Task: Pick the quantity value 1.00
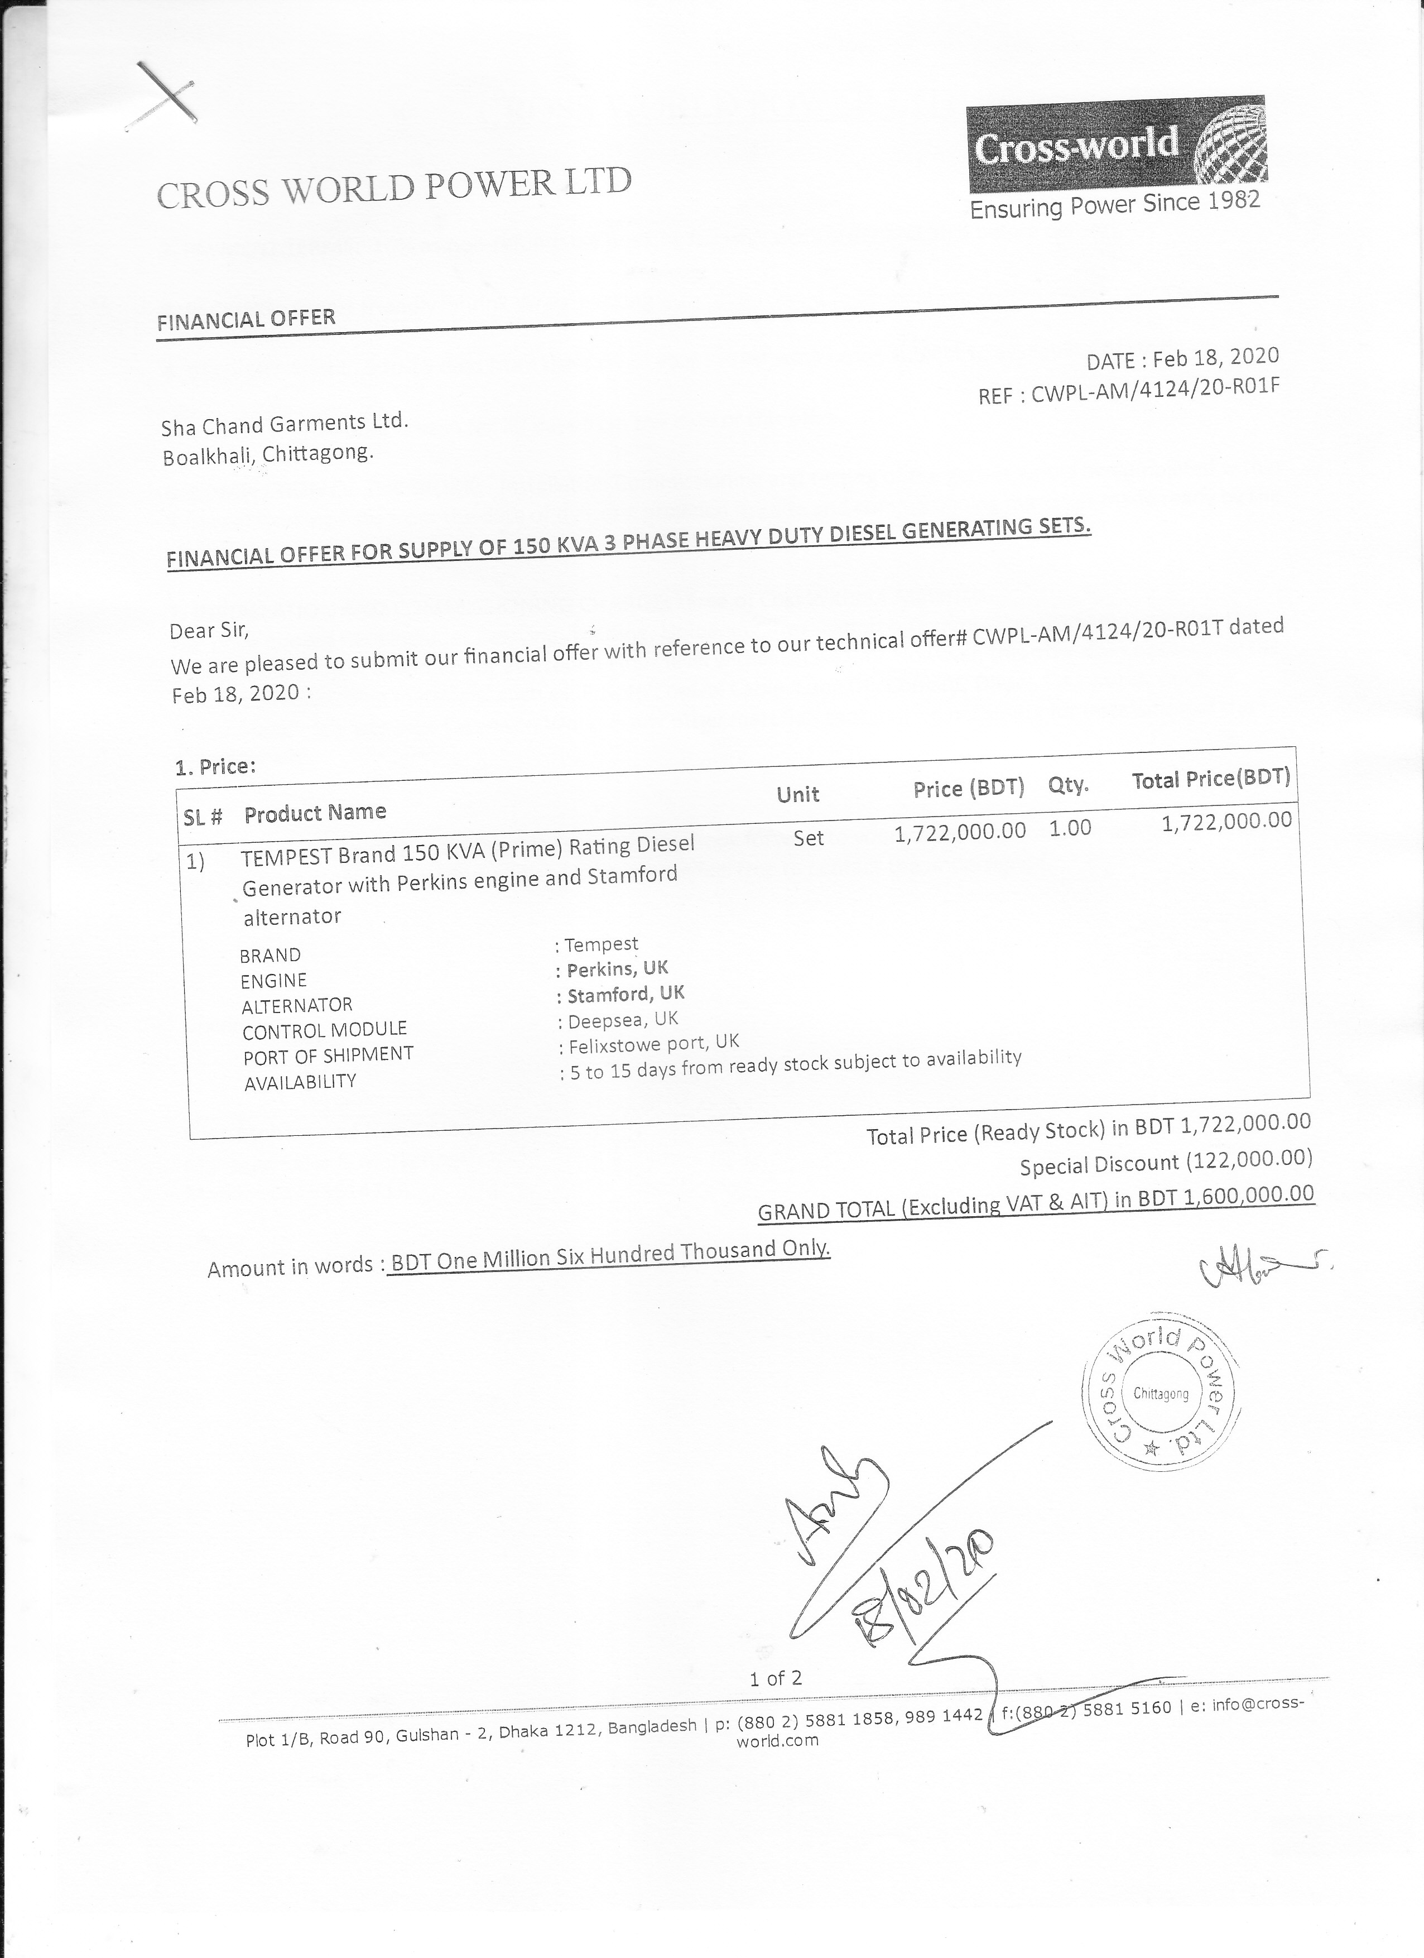coord(1070,828)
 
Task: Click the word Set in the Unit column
coord(809,837)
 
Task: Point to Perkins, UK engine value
coord(617,968)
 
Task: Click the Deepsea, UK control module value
coord(622,1020)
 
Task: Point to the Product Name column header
coord(315,812)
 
